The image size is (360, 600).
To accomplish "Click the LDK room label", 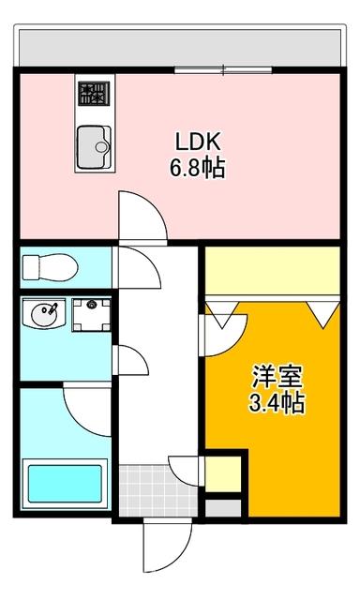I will (198, 142).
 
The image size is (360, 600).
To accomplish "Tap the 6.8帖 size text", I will (198, 170).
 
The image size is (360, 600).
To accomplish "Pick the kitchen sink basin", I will (92, 143).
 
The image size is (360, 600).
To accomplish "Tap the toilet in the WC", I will (46, 267).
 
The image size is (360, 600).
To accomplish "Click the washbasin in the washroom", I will (42, 315).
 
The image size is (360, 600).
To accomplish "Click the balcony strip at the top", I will (178, 45).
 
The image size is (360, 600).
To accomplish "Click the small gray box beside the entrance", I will (221, 508).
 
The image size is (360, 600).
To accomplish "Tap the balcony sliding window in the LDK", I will (223, 68).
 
